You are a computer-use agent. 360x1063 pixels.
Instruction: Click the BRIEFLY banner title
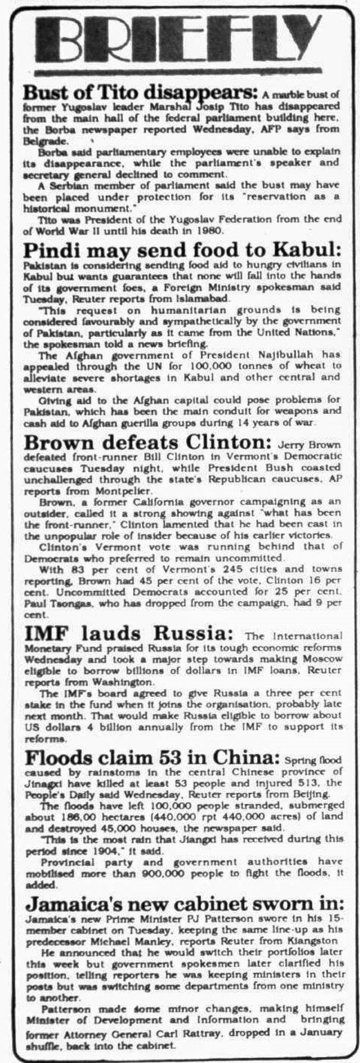tap(180, 39)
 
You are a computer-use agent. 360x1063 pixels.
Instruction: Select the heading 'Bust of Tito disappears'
tap(140, 93)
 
